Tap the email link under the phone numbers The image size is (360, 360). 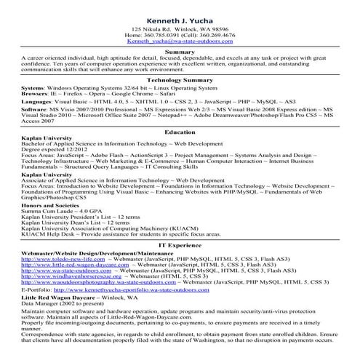coord(180,42)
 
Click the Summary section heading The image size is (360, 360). coord(180,52)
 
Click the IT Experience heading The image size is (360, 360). coord(180,245)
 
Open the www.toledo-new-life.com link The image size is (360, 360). coord(55,259)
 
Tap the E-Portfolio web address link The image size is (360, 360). coord(132,289)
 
